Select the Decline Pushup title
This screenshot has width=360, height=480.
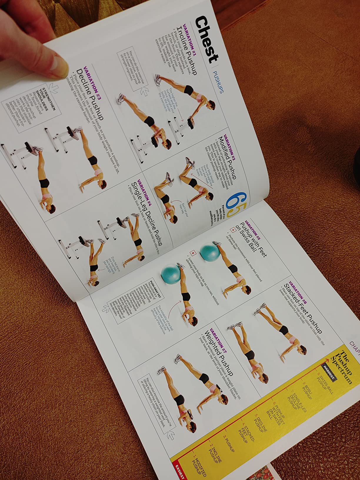click(x=90, y=94)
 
